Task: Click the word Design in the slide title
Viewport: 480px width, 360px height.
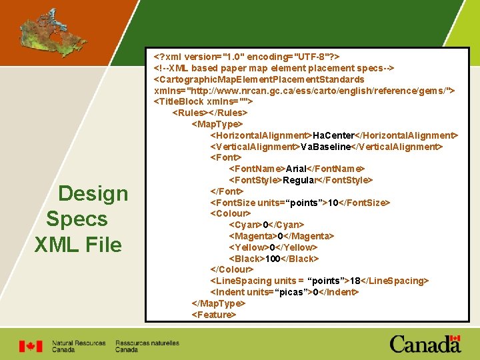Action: click(x=93, y=193)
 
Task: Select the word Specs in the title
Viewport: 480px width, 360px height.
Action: click(x=77, y=219)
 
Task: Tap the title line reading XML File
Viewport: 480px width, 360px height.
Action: click(x=78, y=245)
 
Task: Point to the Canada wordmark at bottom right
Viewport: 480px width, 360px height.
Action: click(x=425, y=344)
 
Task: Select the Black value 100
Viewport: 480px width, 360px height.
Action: click(x=273, y=258)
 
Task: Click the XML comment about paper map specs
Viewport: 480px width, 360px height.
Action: click(x=274, y=68)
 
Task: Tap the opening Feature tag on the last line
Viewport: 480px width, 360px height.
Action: click(x=214, y=314)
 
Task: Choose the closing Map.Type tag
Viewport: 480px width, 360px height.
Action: click(x=218, y=303)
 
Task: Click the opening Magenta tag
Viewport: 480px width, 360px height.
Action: click(x=253, y=236)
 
